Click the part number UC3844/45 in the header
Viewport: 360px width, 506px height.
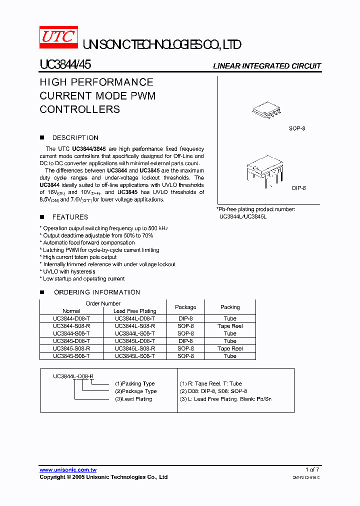[65, 65]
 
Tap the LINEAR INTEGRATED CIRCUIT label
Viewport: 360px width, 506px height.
[267, 66]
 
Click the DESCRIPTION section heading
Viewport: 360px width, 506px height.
[75, 138]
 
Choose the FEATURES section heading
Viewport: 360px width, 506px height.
[70, 217]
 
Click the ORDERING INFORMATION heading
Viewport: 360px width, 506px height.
[96, 292]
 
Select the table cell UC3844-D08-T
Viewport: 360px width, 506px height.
[71, 318]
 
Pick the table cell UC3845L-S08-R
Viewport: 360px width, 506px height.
[134, 348]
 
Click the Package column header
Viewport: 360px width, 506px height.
[185, 307]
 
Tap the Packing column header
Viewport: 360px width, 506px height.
[230, 307]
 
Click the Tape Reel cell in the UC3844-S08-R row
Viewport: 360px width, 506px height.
[230, 326]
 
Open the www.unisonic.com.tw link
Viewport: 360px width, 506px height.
[68, 470]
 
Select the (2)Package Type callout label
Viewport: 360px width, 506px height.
[135, 391]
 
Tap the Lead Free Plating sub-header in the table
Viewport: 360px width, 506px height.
[134, 311]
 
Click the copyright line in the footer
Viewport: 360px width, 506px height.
[103, 477]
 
